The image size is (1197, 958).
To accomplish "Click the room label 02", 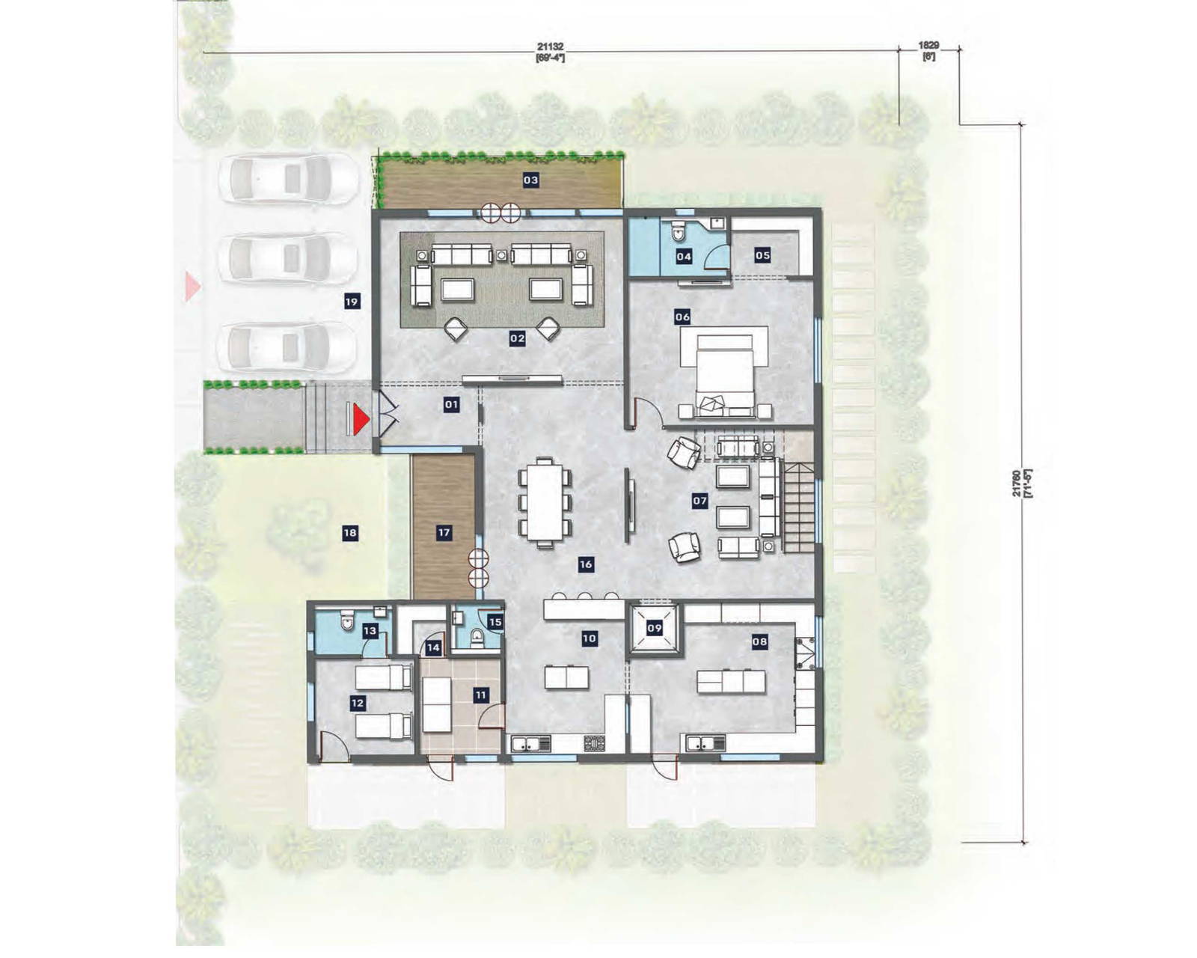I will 517,338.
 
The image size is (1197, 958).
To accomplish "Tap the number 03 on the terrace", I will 530,180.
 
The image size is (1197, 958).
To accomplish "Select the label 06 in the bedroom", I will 682,317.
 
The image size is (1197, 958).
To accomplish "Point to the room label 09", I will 655,628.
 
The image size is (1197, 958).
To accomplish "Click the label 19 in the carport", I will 352,302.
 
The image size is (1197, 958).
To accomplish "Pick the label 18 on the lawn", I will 349,533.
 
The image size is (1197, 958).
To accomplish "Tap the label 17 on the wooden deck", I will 444,532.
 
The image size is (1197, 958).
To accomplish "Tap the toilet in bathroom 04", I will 679,232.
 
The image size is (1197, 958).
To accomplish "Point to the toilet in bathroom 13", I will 347,623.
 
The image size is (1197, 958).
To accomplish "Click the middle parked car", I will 287,259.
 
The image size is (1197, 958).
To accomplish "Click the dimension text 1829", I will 928,46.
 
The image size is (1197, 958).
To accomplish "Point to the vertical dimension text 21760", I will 1015,483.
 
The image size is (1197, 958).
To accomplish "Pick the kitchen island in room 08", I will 731,682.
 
